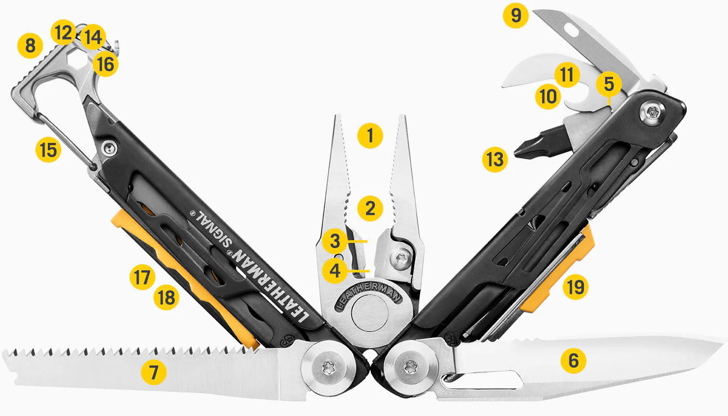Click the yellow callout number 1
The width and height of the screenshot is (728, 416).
(x=370, y=136)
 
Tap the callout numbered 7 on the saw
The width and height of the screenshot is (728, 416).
(x=154, y=372)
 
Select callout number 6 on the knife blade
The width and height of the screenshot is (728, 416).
(x=574, y=360)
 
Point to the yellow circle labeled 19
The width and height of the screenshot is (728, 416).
(x=575, y=286)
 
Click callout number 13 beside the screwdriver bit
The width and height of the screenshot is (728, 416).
(x=494, y=160)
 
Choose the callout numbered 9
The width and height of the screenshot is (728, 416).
(x=515, y=16)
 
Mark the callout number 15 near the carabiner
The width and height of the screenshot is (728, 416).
(x=48, y=151)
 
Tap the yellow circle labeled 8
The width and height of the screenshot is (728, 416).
(x=30, y=46)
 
